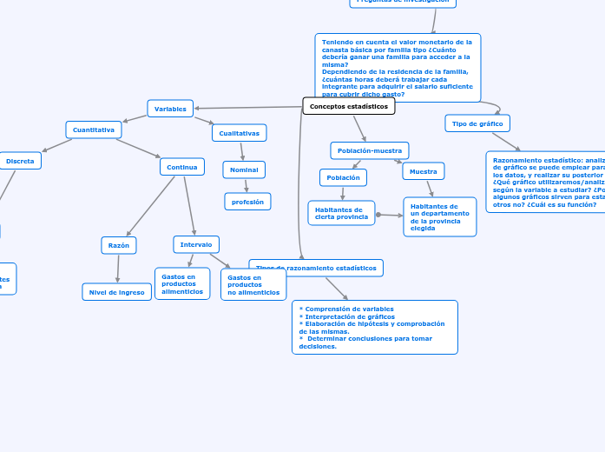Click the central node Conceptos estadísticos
[349, 106]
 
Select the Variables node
[170, 109]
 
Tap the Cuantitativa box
[94, 130]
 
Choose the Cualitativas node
[239, 133]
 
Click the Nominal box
[244, 169]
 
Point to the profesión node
[247, 202]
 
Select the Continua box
[181, 167]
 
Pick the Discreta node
[20, 161]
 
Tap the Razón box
[118, 245]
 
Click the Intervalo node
[196, 245]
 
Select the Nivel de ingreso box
[117, 292]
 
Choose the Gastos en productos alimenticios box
[181, 283]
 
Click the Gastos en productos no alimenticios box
[253, 285]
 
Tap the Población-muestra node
[370, 150]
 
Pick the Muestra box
[423, 171]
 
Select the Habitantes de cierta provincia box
[341, 213]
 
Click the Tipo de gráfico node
[477, 123]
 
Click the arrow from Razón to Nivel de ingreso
[117, 269]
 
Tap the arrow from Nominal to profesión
[246, 186]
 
